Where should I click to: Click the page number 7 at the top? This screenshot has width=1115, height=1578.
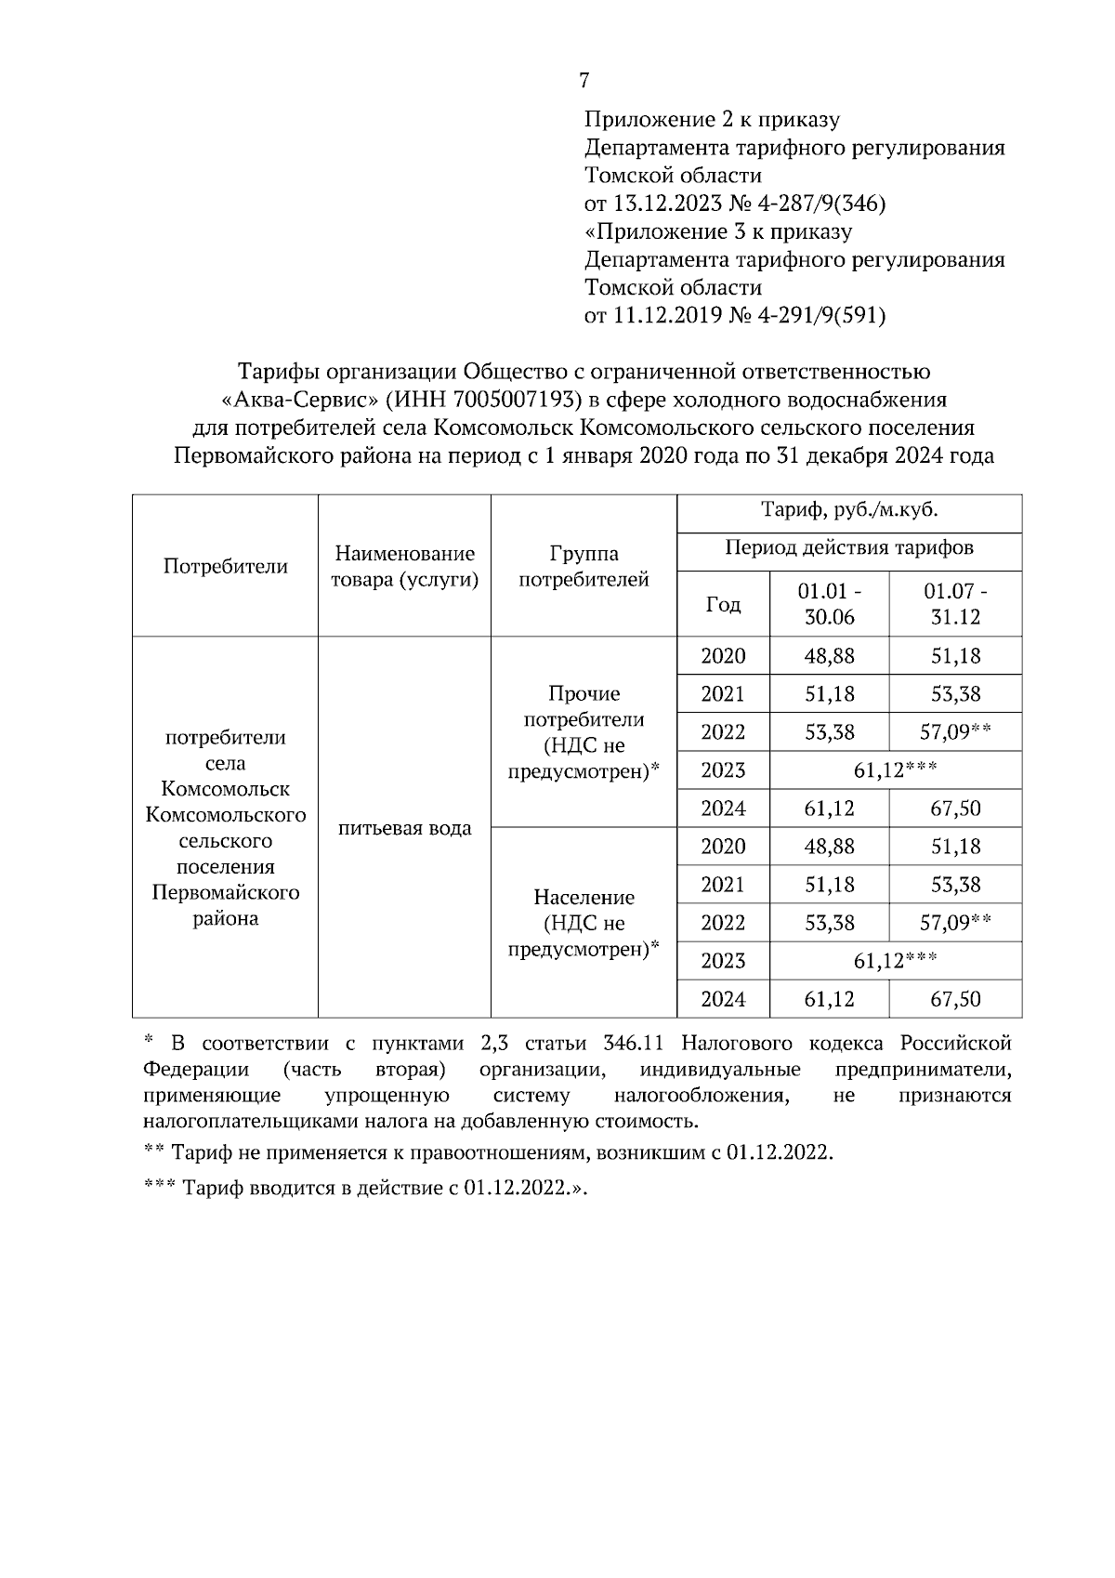point(584,81)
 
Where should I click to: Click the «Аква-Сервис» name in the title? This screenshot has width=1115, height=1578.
point(285,401)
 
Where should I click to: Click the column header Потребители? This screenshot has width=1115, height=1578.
point(225,566)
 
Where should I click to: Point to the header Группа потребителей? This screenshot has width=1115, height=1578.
point(584,567)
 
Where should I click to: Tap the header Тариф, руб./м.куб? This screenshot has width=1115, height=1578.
point(849,509)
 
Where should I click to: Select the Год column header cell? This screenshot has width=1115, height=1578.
point(723,604)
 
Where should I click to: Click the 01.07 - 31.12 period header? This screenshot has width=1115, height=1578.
point(955,604)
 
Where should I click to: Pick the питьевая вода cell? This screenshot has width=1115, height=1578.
point(404,828)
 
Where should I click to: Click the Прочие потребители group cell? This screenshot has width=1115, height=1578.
point(584,732)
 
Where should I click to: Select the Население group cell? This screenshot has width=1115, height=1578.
point(584,923)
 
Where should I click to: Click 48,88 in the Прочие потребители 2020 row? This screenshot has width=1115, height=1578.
point(829,656)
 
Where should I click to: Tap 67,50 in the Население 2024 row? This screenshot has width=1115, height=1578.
point(955,999)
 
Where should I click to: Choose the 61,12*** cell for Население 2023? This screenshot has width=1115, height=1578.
point(895,961)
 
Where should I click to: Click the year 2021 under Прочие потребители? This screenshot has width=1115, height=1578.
point(723,694)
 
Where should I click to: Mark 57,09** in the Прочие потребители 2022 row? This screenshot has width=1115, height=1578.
point(955,732)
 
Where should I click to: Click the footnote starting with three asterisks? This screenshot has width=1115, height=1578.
point(366,1188)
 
